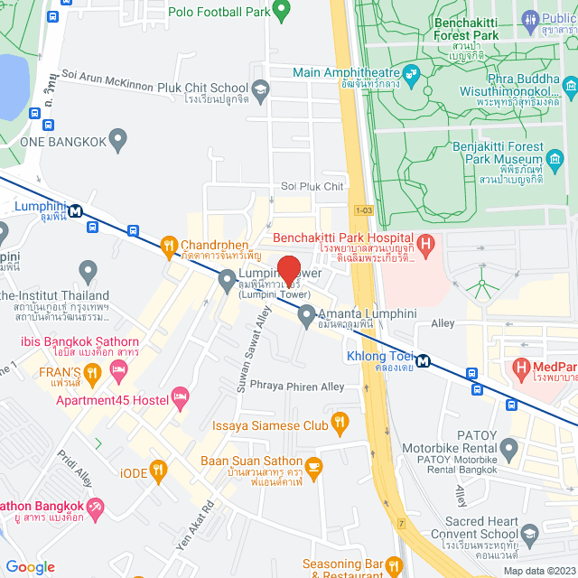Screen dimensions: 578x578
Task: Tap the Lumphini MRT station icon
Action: (75, 210)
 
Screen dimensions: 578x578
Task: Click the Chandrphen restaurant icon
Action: (168, 245)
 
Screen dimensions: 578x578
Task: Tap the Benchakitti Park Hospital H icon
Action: (427, 243)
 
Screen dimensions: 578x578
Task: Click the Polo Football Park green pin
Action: (280, 11)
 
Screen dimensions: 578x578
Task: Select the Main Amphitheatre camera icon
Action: (413, 72)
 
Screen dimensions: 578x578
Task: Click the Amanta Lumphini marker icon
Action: (306, 315)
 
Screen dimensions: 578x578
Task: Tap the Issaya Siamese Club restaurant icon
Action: (340, 421)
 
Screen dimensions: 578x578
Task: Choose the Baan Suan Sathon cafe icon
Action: (313, 466)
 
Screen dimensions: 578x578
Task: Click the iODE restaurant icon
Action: (158, 468)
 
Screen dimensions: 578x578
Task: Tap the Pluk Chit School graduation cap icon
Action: (260, 88)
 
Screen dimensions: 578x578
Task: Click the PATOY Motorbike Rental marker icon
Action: (509, 447)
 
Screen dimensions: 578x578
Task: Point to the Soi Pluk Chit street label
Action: (312, 186)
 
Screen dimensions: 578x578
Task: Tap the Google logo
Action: (30, 566)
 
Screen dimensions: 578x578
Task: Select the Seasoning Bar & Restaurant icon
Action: (394, 566)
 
